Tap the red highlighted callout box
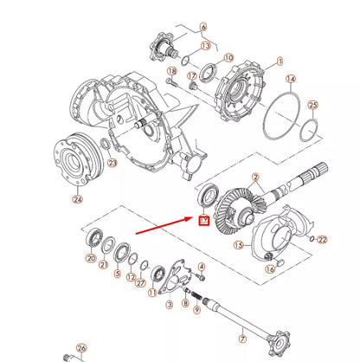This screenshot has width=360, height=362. pyautogui.click(x=204, y=222)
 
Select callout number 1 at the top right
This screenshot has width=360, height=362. pyautogui.click(x=279, y=62)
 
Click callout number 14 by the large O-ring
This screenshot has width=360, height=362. pyautogui.click(x=291, y=79)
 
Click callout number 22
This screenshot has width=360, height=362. pyautogui.click(x=323, y=239)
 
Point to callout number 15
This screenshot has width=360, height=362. pyautogui.click(x=238, y=246)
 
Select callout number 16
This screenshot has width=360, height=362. pyautogui.click(x=270, y=268)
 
